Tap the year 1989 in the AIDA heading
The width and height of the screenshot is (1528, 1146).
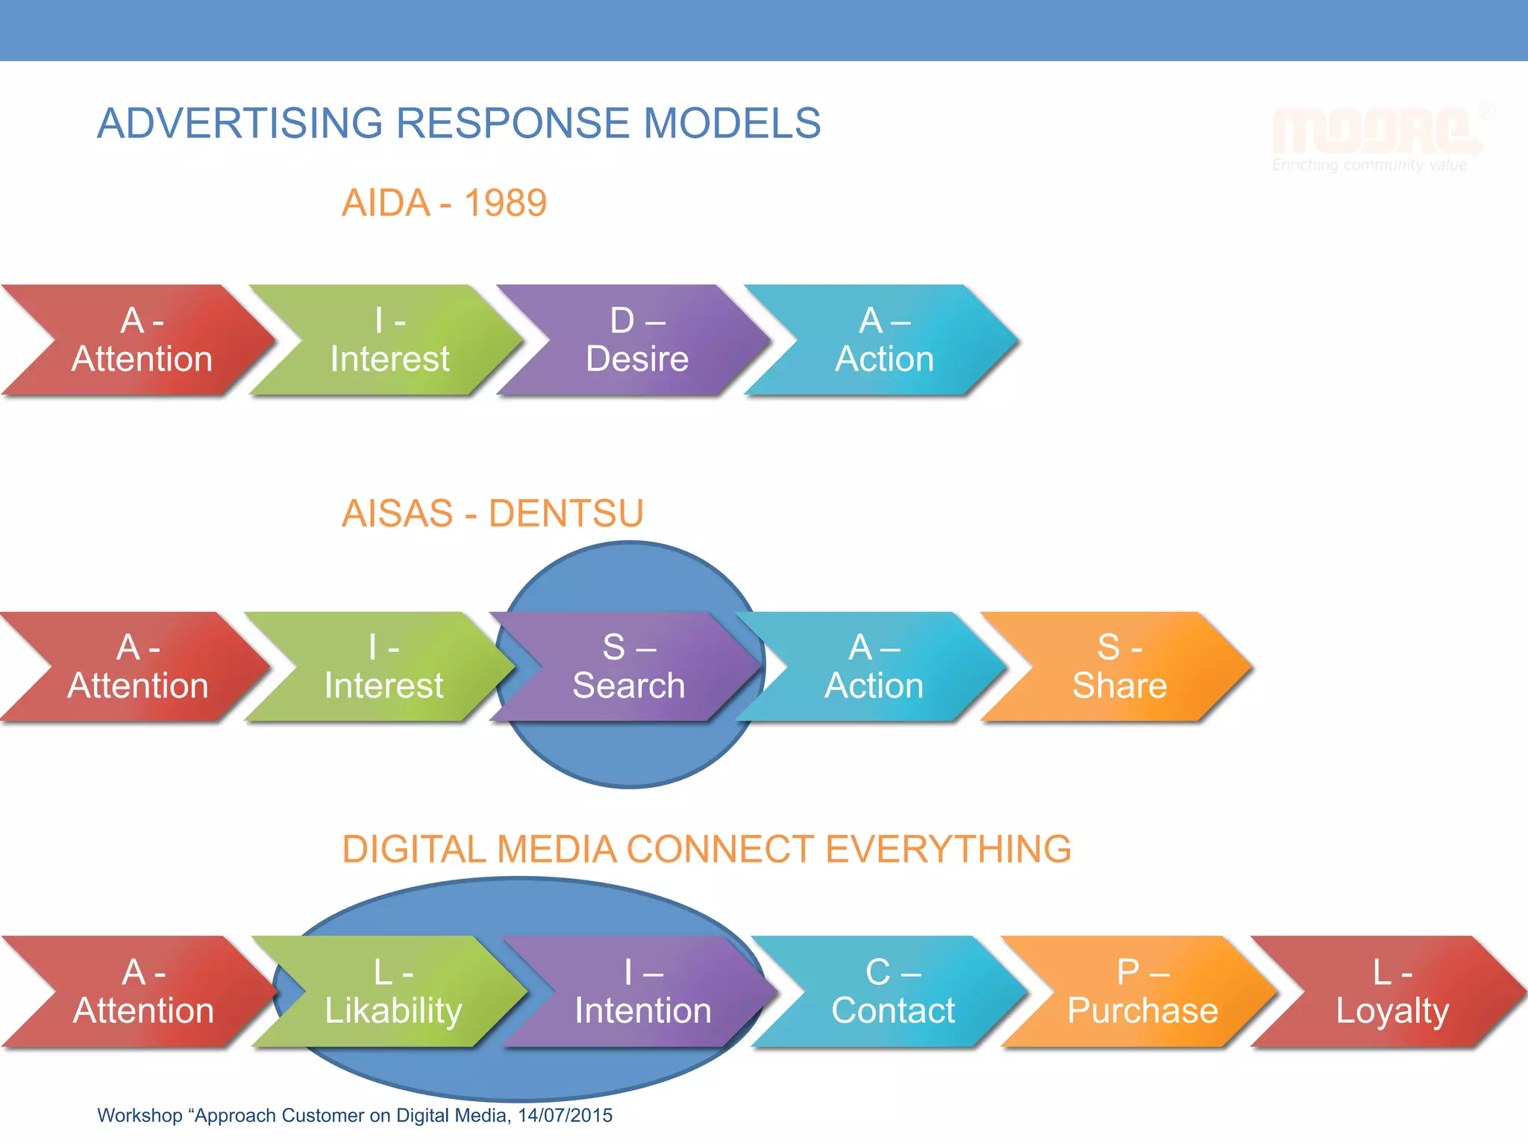(505, 203)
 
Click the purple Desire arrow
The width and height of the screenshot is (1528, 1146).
(636, 340)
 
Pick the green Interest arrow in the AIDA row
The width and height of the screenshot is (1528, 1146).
(389, 340)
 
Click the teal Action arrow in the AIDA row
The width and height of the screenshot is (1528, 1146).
(884, 340)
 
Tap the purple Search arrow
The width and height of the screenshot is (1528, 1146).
(628, 666)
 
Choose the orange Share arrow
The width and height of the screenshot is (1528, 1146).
(1119, 666)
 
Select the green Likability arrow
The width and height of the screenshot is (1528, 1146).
(393, 992)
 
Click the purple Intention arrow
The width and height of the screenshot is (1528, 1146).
(642, 992)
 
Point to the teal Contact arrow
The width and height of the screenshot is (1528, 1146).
(893, 992)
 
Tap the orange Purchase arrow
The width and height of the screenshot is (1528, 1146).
(1142, 992)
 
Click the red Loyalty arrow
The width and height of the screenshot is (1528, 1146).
(1392, 992)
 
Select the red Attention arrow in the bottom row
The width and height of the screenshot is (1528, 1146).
(143, 992)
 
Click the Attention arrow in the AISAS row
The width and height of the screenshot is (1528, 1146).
(138, 666)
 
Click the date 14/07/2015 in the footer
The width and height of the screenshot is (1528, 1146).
(565, 1115)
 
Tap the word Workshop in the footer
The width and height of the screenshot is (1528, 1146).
(140, 1115)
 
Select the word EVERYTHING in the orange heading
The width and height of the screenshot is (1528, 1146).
(948, 849)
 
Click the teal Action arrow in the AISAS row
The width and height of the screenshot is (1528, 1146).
(874, 666)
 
